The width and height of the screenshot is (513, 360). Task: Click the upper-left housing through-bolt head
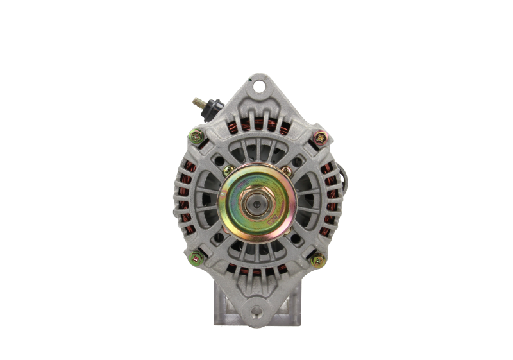point(196,136)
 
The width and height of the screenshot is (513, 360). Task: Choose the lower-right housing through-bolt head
point(317,260)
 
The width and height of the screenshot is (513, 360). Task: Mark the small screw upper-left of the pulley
point(226,169)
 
